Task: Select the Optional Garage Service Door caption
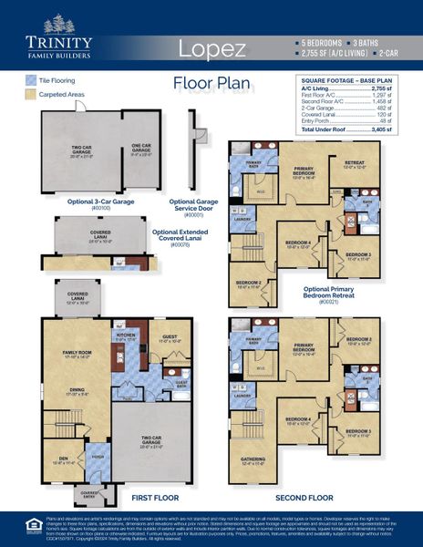(x=193, y=205)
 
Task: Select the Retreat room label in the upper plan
(x=354, y=164)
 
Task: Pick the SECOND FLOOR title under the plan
(x=303, y=499)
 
